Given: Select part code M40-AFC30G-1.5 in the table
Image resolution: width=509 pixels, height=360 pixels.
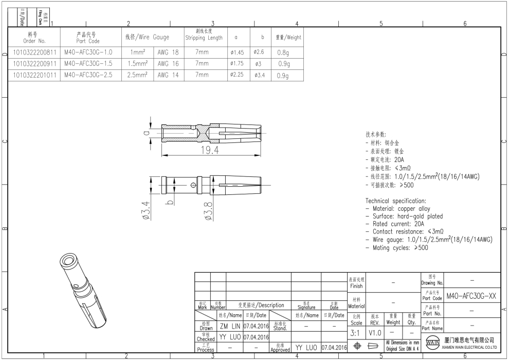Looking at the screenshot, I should pos(88,63).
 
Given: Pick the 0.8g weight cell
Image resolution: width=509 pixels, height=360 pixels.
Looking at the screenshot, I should pos(283,52).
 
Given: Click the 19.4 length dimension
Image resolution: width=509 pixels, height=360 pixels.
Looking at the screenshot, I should pos(210,150).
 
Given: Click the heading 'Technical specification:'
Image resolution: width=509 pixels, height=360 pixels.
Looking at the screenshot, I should pos(396,201).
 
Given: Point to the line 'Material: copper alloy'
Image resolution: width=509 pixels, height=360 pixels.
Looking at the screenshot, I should pos(398,209).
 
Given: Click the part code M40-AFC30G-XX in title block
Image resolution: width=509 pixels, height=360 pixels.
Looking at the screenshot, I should pos(471,296).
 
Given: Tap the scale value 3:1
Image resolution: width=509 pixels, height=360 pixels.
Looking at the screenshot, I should pos(356,333).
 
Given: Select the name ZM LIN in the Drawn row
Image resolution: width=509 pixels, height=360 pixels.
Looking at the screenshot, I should pos(230,326).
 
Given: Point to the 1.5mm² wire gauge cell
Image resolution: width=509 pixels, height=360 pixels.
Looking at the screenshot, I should pos(137,63).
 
